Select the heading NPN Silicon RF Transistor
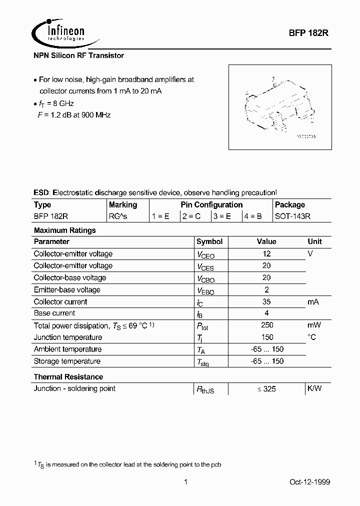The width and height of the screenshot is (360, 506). (x=78, y=55)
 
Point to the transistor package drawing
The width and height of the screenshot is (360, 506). (x=279, y=106)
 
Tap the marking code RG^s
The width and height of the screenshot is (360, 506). (x=118, y=217)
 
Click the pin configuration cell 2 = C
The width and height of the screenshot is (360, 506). (x=193, y=217)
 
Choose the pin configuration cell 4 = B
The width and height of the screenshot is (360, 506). (x=254, y=217)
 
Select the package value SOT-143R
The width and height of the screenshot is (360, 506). (x=292, y=217)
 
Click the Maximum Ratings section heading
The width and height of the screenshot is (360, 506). (x=64, y=230)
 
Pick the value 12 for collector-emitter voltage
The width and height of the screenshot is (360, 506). (x=266, y=254)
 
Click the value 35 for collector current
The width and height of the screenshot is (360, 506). (x=266, y=301)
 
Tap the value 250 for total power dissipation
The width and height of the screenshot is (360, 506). (x=266, y=325)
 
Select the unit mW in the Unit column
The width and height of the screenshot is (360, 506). (x=314, y=325)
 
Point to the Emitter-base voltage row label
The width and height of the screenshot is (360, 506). (x=67, y=289)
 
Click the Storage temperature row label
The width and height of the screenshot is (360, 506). (x=67, y=361)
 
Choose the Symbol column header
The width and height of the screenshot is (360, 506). (x=209, y=241)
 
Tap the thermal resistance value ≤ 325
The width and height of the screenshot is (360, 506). (x=266, y=388)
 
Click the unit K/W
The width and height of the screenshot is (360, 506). (x=314, y=388)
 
